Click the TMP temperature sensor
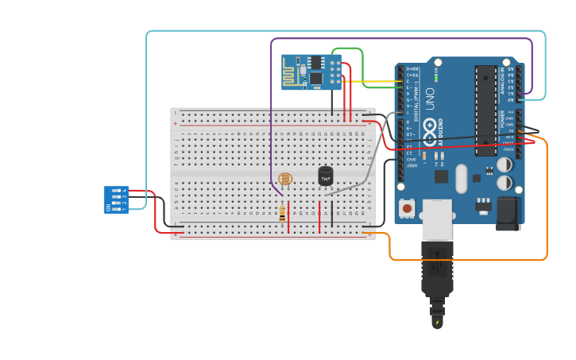click(x=326, y=176)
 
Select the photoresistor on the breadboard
click(x=285, y=180)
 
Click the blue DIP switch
click(x=116, y=199)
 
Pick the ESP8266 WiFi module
click(x=311, y=72)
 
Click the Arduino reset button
click(x=408, y=208)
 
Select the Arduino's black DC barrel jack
click(x=508, y=213)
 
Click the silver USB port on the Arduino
click(x=437, y=219)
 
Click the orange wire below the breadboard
click(x=469, y=260)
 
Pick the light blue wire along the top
click(x=342, y=31)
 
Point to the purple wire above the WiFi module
click(x=397, y=38)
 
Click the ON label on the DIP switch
click(x=108, y=207)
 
